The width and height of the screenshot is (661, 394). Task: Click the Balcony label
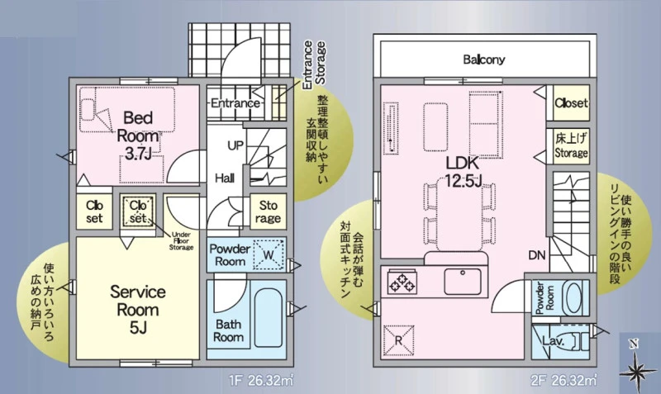pyautogui.click(x=483, y=59)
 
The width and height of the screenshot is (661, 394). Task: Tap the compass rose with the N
pyautogui.click(x=635, y=366)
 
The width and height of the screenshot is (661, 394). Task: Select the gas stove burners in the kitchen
pyautogui.click(x=402, y=282)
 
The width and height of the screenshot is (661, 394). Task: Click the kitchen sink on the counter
pyautogui.click(x=463, y=282)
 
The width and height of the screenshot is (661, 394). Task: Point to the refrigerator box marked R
pyautogui.click(x=398, y=340)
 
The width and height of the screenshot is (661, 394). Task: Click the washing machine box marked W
pyautogui.click(x=269, y=254)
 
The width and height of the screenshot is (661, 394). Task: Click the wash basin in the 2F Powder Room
pyautogui.click(x=572, y=298)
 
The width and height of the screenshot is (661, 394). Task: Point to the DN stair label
pyautogui.click(x=536, y=255)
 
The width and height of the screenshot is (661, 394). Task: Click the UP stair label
pyautogui.click(x=235, y=145)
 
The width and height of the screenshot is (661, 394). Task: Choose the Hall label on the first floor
pyautogui.click(x=225, y=178)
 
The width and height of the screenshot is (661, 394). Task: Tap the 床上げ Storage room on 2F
pyautogui.click(x=571, y=146)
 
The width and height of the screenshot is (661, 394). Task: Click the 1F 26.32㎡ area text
pyautogui.click(x=261, y=381)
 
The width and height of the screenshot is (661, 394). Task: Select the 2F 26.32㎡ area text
pyautogui.click(x=564, y=381)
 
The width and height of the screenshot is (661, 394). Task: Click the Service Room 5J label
pyautogui.click(x=137, y=309)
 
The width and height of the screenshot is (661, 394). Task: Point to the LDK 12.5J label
pyautogui.click(x=464, y=172)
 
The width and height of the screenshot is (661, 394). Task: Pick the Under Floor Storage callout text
pyautogui.click(x=181, y=241)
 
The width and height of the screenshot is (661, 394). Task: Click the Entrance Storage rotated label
pyautogui.click(x=314, y=64)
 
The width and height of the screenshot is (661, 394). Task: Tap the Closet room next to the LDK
pyautogui.click(x=571, y=102)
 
